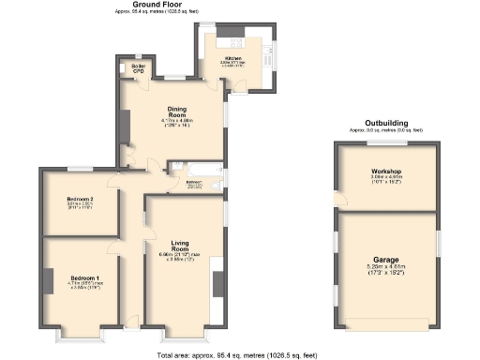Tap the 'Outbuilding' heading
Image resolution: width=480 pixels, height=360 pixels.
pyautogui.click(x=386, y=123)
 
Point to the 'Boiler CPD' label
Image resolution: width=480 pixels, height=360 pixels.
pyautogui.click(x=138, y=68)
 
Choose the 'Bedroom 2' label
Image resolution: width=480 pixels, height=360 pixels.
pyautogui.click(x=79, y=198)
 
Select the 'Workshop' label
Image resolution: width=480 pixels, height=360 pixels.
pyautogui.click(x=386, y=172)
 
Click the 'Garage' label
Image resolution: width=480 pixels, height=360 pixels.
pyautogui.click(x=386, y=259)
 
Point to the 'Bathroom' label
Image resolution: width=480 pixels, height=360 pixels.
pyautogui.click(x=194, y=182)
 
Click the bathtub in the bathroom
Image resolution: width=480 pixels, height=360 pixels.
pyautogui.click(x=198, y=170)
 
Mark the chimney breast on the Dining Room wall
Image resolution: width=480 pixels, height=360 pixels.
pyautogui.click(x=125, y=126)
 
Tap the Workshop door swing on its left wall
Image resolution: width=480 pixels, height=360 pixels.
pyautogui.click(x=340, y=199)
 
